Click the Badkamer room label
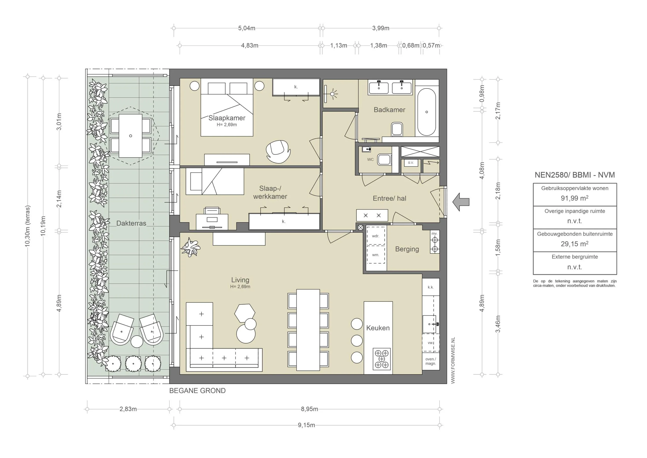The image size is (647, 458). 389,110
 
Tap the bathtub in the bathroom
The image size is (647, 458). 427,112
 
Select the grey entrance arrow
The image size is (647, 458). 461,202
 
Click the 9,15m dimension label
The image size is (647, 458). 306,425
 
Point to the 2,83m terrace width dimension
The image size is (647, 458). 128,409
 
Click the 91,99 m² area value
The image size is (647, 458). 574,198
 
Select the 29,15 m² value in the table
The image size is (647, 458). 574,244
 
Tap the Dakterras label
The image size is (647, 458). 131,223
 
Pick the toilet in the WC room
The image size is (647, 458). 384,160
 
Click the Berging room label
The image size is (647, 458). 407,249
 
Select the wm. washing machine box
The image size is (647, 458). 376,254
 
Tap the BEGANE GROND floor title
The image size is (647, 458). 198,390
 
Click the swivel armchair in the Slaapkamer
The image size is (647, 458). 278,151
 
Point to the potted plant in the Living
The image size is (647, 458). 191,247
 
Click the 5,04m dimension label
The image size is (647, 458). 247,28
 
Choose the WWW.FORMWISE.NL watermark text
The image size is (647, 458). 453,360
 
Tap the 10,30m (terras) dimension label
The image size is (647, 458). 27,226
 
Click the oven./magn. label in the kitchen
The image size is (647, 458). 431,361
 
